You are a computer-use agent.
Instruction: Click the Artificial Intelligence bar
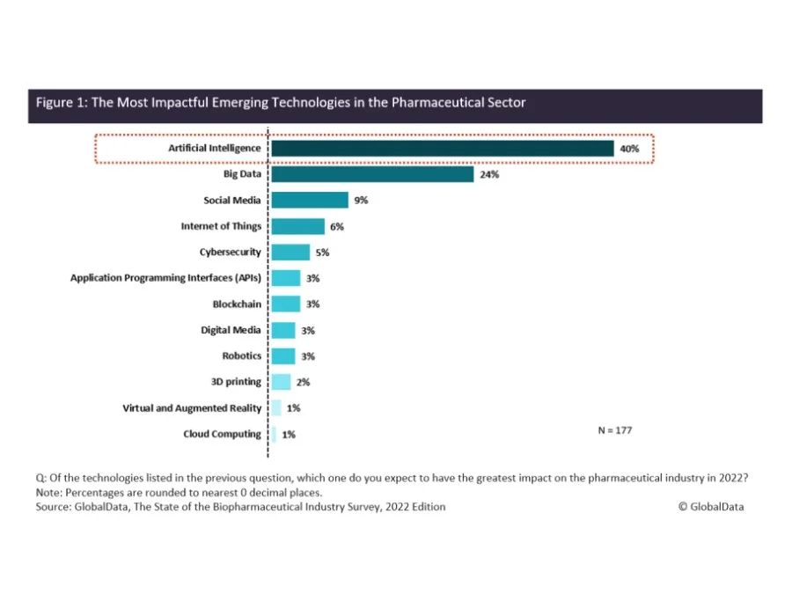coord(442,149)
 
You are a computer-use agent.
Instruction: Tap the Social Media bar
coord(310,201)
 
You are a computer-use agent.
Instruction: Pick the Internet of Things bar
coord(297,226)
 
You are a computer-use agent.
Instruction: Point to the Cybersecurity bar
coord(290,253)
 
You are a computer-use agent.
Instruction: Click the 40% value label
coord(629,149)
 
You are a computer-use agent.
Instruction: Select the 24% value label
coord(490,174)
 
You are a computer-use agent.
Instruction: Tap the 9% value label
coord(361,201)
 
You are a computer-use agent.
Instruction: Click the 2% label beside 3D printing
coord(303,382)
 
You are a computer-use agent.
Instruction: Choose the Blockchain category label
coord(237,304)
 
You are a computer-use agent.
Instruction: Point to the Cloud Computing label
coord(222,434)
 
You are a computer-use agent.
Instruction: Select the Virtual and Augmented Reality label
coord(192,407)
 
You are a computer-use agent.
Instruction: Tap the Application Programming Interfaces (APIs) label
coord(165,278)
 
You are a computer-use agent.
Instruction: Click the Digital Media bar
coord(283,330)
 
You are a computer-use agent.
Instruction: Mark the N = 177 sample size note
coord(614,430)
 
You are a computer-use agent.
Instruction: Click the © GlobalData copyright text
coord(711,507)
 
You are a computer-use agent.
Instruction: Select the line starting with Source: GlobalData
coord(240,507)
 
